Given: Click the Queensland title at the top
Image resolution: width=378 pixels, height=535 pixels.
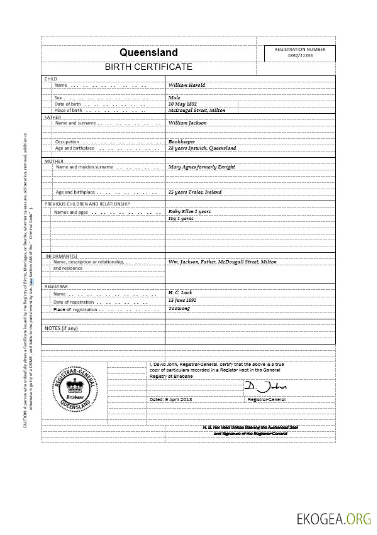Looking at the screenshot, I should click(148, 53).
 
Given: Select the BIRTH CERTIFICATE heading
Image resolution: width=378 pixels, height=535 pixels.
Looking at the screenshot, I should click(148, 67).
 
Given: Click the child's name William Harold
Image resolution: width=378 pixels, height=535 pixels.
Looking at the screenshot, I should click(187, 85).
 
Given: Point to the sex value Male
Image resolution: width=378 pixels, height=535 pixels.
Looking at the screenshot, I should click(174, 97).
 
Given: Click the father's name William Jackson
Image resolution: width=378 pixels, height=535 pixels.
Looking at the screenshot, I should click(187, 123).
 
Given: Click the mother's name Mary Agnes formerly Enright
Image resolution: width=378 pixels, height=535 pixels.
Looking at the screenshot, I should click(201, 167).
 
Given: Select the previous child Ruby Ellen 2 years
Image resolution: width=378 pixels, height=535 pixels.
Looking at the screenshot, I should click(189, 211).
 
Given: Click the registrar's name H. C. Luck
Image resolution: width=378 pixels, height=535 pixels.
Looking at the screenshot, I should click(182, 293).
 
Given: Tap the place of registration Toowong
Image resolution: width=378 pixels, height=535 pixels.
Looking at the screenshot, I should click(179, 309).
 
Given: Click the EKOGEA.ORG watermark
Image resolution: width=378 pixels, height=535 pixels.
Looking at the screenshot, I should click(335, 519).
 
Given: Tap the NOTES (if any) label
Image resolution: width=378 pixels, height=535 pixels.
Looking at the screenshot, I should click(62, 328).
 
